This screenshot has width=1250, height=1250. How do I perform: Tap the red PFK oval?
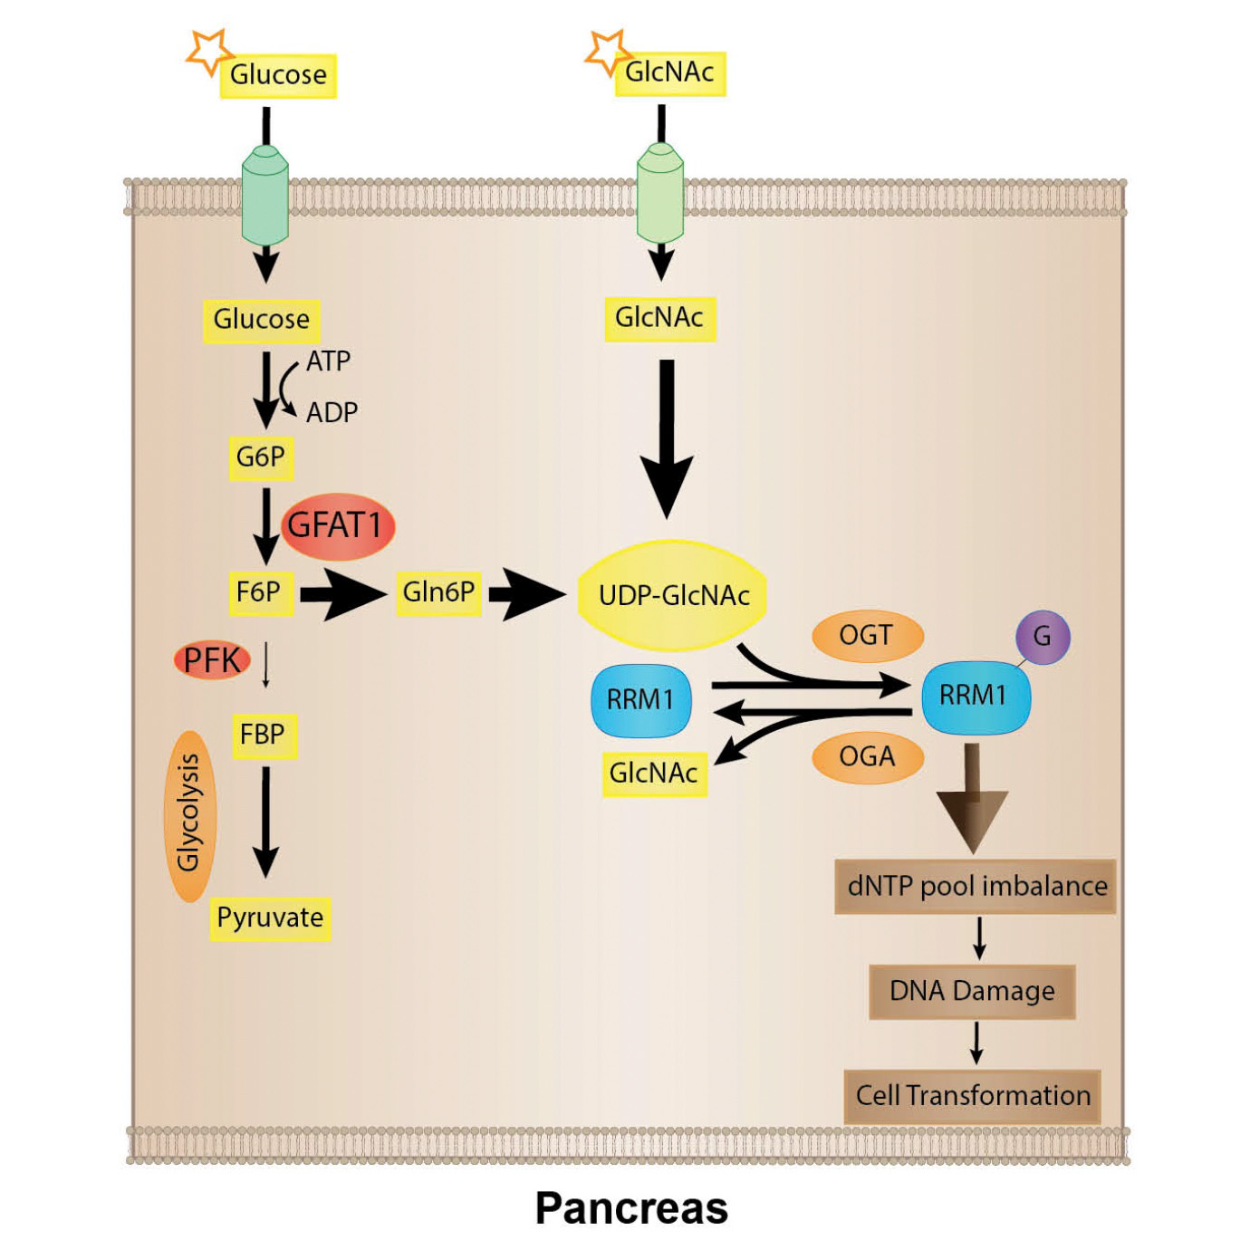coord(212,660)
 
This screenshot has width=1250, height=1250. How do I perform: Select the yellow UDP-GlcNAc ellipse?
coord(674,595)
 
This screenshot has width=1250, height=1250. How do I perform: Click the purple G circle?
coord(1042,636)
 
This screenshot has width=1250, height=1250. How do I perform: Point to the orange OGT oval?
coord(866,636)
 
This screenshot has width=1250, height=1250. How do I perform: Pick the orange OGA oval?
coord(866,756)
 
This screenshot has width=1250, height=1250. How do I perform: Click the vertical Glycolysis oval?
coord(190,812)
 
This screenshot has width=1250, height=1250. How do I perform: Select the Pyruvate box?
coord(270,918)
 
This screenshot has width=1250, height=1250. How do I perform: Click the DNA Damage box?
coord(972,991)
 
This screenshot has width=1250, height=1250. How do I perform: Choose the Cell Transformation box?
coord(973,1096)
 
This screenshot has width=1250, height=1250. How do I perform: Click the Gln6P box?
coord(438,592)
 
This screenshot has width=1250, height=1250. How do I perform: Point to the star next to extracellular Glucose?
coord(207,52)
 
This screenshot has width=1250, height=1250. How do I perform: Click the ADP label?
coord(332,412)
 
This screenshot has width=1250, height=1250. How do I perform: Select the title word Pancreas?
coord(631,1208)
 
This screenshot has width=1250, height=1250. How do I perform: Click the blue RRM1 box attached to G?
coord(974,696)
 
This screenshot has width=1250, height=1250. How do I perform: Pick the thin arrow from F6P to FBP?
coord(265,666)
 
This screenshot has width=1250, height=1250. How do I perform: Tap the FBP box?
coord(263,734)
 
